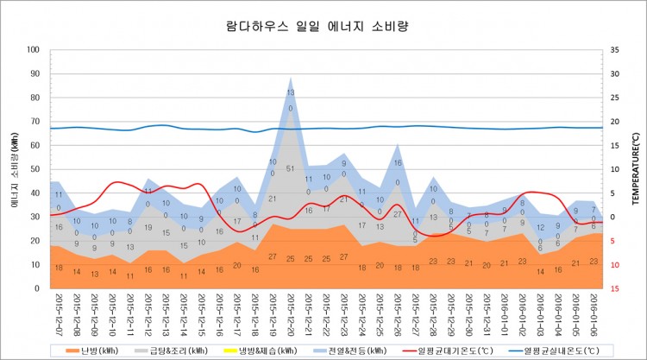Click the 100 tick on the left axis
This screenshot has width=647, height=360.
click(x=35, y=50)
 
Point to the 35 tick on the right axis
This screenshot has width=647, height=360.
click(x=612, y=50)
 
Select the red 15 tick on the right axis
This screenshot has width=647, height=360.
click(x=612, y=288)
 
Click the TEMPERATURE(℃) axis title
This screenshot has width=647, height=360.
click(x=635, y=168)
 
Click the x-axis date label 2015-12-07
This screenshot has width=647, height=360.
click(x=58, y=314)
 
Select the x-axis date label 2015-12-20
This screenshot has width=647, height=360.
click(x=291, y=314)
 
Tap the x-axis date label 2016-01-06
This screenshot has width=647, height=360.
click(x=595, y=314)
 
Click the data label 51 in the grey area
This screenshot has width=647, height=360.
click(x=291, y=169)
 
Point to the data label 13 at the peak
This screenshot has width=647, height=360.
click(x=291, y=92)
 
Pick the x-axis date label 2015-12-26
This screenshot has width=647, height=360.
click(x=398, y=314)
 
